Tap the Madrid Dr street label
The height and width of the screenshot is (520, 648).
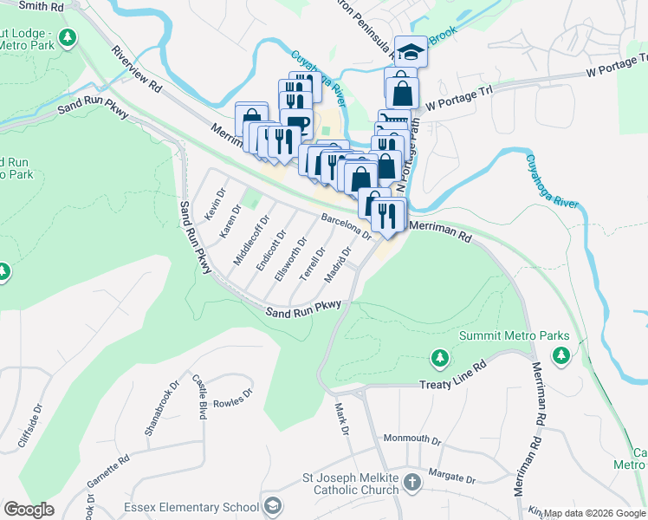(337, 265)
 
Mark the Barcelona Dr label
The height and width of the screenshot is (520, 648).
(346, 227)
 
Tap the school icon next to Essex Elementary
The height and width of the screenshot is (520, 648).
(273, 506)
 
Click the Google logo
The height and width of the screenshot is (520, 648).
(29, 510)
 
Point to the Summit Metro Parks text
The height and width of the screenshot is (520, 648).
(514, 335)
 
